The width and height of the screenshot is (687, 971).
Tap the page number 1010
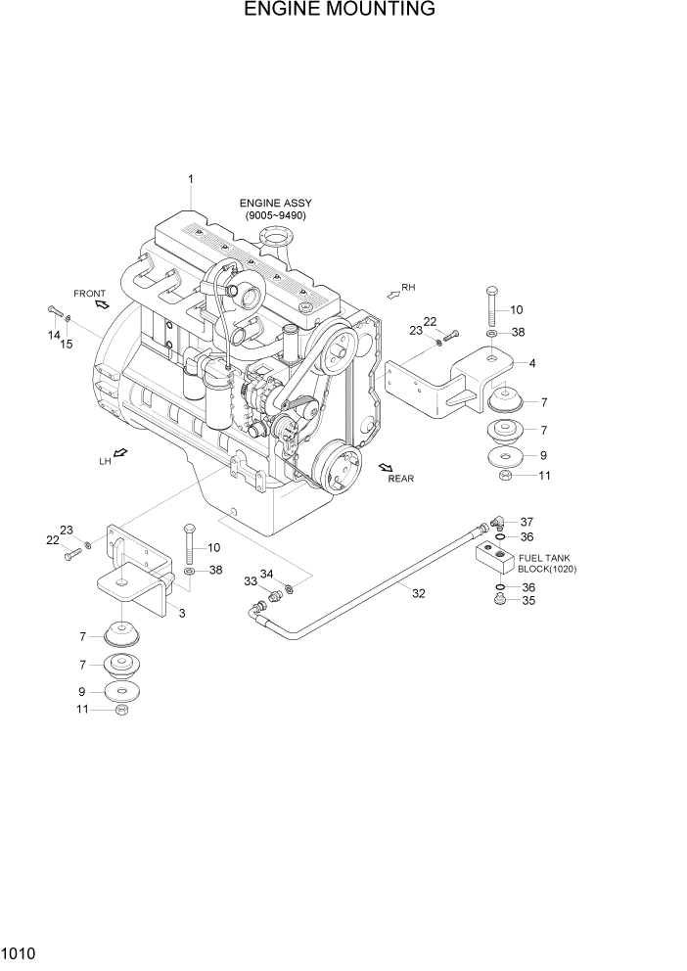pos(20,950)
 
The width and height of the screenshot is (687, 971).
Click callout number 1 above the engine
pos(191,179)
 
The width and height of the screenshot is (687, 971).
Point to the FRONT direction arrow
pos(101,304)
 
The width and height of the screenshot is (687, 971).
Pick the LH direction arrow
pos(120,452)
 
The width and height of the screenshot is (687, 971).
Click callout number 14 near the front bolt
pos(54,336)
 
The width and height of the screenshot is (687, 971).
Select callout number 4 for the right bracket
pos(531,364)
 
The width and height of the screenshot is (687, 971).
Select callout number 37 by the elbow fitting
pos(527,522)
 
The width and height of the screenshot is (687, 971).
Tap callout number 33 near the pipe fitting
pos(250,581)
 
